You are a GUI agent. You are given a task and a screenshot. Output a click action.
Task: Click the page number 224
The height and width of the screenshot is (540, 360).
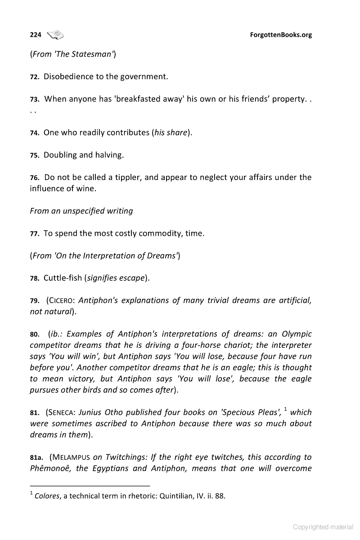[x=36, y=35]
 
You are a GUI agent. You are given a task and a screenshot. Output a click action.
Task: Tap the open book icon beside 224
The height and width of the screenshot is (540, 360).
[x=56, y=34]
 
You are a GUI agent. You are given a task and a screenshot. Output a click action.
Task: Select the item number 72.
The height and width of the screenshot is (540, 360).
[x=35, y=77]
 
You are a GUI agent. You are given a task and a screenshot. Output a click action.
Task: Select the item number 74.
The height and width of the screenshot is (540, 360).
[x=35, y=133]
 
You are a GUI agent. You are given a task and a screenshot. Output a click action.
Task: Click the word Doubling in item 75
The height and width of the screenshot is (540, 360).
[x=60, y=155]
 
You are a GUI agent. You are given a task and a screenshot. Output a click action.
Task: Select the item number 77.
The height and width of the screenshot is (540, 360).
[x=35, y=234]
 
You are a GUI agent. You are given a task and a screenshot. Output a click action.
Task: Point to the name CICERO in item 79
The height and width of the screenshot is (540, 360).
[x=63, y=300]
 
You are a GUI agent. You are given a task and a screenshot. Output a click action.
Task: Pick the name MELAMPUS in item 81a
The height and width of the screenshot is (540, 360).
[x=72, y=457]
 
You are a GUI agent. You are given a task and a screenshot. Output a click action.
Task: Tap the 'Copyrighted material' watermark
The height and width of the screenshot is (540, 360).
[x=323, y=527]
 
